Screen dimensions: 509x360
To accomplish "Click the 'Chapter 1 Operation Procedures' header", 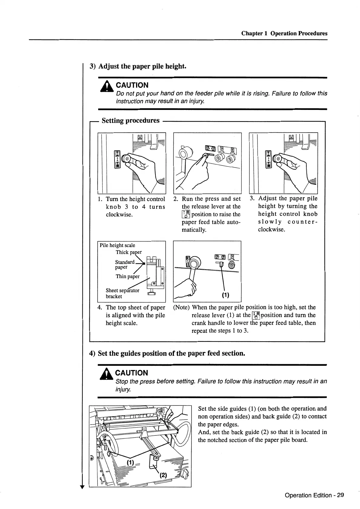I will click(x=284, y=33).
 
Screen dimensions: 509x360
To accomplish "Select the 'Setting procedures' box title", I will click(x=130, y=121).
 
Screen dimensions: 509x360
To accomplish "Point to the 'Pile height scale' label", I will click(x=117, y=245).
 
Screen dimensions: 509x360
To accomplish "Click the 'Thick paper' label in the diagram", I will click(x=128, y=252).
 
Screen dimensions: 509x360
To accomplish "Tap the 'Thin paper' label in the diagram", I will click(x=128, y=276).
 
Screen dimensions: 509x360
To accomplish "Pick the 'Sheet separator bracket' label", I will click(x=122, y=293).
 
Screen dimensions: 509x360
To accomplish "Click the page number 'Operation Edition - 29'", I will click(x=314, y=495).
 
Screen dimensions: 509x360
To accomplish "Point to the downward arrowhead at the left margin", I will click(x=81, y=487).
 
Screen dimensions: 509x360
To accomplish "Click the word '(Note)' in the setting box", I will click(x=182, y=307).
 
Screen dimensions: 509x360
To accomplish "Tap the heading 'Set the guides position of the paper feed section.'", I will click(x=171, y=353).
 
